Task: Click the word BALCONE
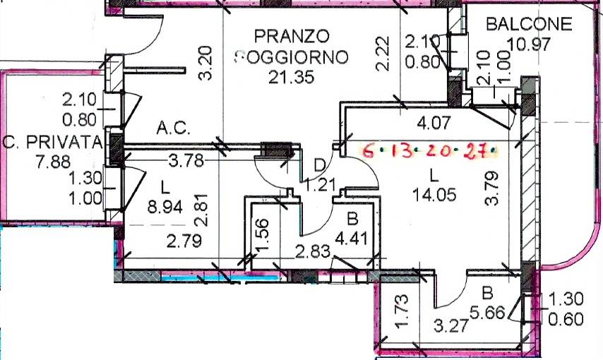click(x=529, y=24)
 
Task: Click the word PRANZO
click(x=292, y=35)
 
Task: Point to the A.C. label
click(x=171, y=130)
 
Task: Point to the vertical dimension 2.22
click(x=383, y=54)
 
